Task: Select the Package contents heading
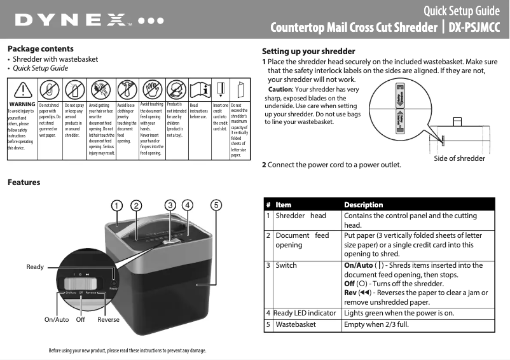tap(40, 49)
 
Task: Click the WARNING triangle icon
tap(21, 88)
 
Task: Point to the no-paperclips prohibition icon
tap(49, 88)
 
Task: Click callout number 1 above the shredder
tap(116, 205)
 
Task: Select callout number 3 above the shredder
tap(170, 205)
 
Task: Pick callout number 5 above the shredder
tap(216, 205)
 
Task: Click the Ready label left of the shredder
tap(35, 267)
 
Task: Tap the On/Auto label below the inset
tap(57, 319)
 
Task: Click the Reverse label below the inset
tap(108, 319)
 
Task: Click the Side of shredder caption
tap(459, 158)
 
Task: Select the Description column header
tap(363, 205)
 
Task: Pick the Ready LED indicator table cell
tap(304, 313)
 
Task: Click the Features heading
tap(24, 183)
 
